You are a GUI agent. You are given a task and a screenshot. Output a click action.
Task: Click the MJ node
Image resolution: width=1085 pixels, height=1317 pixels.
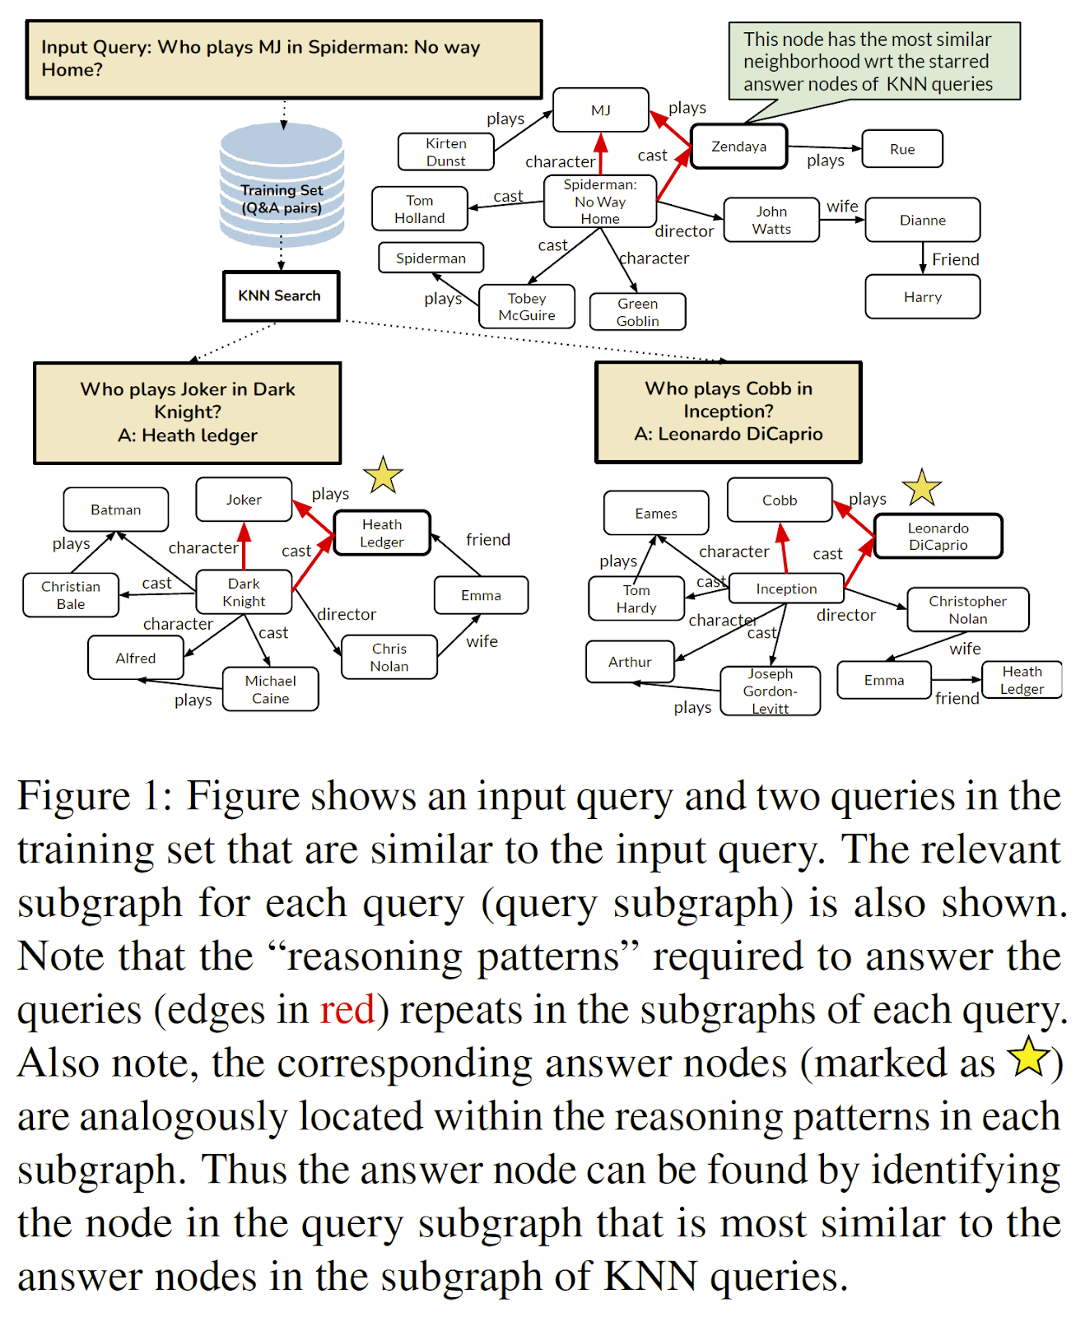coord(600,110)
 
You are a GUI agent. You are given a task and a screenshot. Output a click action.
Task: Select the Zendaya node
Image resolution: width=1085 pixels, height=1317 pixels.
coord(738,147)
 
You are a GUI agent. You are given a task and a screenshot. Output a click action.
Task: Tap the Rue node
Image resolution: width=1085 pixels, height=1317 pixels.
coord(901,149)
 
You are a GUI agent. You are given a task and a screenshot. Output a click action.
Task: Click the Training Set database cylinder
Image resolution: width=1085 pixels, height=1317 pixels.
coord(282,186)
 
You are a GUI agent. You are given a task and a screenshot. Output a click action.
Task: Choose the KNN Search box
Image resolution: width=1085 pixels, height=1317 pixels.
coord(280,296)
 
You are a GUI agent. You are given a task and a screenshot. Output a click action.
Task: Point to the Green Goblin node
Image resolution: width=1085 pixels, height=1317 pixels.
coord(637,312)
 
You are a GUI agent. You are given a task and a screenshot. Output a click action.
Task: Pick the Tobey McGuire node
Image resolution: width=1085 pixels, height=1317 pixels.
coord(527,307)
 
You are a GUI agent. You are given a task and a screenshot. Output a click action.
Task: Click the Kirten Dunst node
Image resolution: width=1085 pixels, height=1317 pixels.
coord(445,152)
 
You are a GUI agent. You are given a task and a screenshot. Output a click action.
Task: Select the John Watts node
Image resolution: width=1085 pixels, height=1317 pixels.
coord(771,221)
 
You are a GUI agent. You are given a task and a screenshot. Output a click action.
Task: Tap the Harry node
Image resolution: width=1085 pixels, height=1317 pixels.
coord(922,297)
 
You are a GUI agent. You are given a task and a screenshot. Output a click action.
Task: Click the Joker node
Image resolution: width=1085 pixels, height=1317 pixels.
coord(244,500)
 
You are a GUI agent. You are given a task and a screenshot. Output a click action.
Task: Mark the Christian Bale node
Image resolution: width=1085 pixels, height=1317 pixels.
coord(71,595)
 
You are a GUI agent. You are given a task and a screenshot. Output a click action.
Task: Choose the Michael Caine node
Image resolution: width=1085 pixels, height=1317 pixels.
coord(270,690)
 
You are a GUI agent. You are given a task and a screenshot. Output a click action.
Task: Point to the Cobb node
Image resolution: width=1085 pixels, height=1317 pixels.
coord(779,500)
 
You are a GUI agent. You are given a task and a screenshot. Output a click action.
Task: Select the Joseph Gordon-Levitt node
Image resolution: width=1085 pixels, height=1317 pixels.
coord(770,691)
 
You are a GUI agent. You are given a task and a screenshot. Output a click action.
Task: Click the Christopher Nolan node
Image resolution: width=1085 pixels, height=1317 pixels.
coord(967,610)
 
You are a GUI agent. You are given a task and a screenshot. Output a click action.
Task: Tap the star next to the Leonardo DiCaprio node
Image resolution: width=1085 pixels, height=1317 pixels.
coord(921,488)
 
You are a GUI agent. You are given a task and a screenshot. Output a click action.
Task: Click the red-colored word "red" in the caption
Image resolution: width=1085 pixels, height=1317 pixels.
coord(347,1010)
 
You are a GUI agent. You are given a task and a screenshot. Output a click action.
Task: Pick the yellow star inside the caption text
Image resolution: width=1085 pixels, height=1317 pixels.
coord(1029,1058)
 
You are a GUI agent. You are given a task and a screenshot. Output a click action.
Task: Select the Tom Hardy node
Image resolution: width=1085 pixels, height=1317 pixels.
coord(636,599)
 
